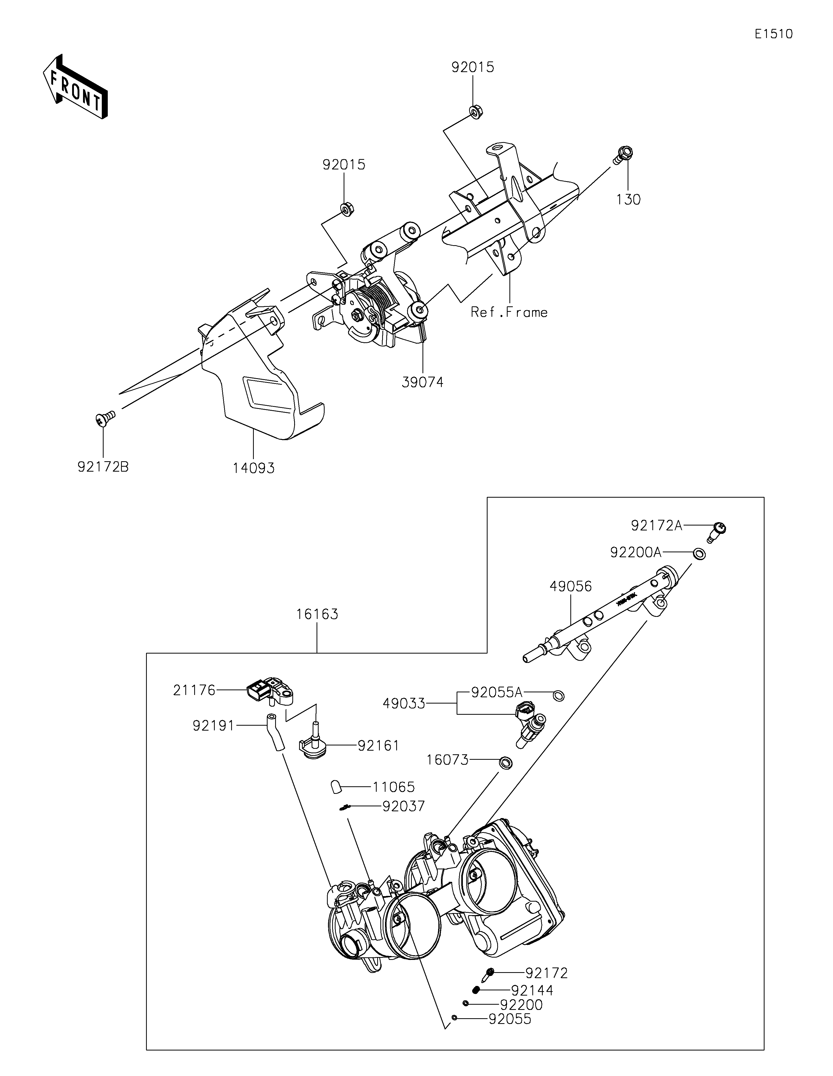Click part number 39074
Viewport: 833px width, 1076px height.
(423, 382)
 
